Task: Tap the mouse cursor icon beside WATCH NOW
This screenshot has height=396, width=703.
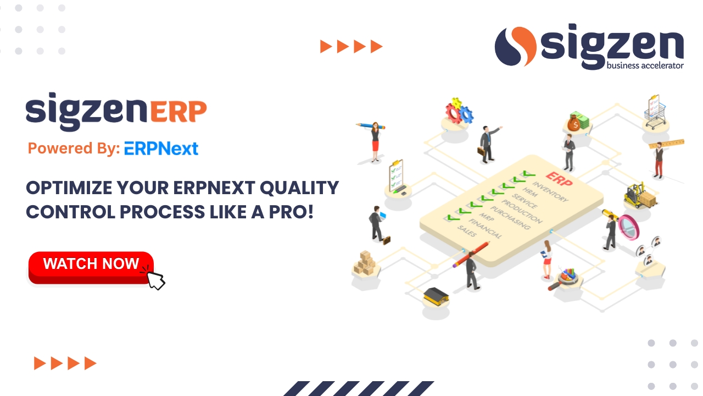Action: (155, 277)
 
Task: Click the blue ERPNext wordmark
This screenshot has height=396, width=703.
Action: (161, 148)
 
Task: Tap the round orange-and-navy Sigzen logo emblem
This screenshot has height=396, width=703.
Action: (515, 47)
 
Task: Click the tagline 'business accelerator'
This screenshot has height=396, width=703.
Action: (645, 66)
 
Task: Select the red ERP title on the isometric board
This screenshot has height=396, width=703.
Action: (559, 179)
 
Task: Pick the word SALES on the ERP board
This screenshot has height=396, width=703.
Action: (467, 232)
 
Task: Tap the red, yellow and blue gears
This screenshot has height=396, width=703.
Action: (458, 112)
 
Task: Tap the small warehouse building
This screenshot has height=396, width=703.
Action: (436, 296)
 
